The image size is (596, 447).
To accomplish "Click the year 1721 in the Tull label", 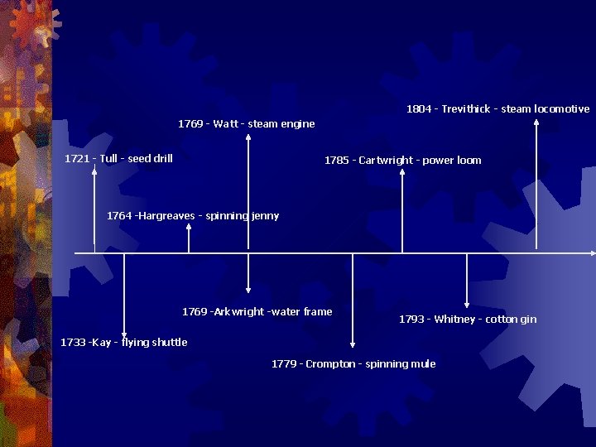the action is (x=77, y=158).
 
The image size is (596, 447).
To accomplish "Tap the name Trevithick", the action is (x=465, y=108).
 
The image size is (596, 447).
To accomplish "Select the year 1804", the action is (x=420, y=108).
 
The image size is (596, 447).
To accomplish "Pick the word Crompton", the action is (x=330, y=363).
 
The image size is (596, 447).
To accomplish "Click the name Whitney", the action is (x=454, y=319).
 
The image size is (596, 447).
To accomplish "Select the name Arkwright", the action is (x=238, y=311).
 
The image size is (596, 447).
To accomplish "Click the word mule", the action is (x=423, y=363).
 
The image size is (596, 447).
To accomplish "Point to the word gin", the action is (x=528, y=319).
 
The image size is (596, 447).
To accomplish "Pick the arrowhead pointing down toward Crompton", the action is (x=353, y=343).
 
